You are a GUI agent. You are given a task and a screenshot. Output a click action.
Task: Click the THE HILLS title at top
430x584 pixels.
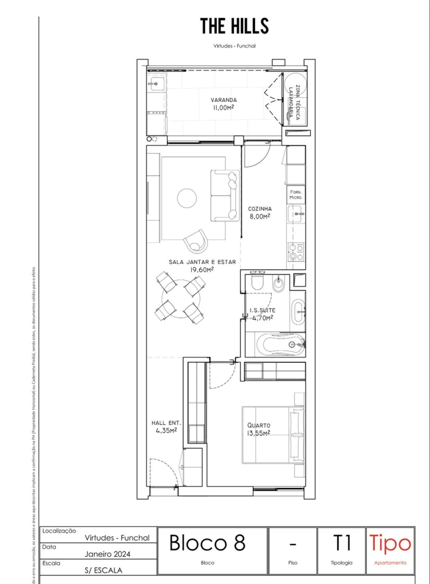click(234, 26)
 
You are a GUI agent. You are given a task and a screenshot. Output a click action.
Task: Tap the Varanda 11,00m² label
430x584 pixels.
click(223, 104)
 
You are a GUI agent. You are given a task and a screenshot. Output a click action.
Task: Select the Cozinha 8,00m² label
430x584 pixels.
click(260, 213)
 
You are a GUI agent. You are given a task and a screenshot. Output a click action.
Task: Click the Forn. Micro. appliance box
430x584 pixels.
click(296, 195)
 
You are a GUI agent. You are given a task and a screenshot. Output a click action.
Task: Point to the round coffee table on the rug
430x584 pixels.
click(187, 198)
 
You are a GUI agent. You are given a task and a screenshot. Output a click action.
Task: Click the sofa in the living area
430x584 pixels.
click(225, 196)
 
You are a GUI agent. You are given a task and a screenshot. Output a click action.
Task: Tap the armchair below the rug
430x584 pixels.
click(196, 241)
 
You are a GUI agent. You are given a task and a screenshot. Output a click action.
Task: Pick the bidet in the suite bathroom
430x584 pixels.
click(279, 284)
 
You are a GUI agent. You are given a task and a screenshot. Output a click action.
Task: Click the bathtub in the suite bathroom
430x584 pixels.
click(280, 345)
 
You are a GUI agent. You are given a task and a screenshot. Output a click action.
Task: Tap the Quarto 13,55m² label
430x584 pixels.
click(258, 429)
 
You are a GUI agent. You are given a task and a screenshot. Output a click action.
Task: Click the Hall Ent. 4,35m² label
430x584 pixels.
click(166, 427)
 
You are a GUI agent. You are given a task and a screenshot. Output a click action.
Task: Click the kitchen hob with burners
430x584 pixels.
click(296, 252)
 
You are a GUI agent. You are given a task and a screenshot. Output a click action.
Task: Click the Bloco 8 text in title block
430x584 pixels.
click(207, 543)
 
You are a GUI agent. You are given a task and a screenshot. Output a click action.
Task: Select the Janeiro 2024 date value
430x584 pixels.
click(107, 554)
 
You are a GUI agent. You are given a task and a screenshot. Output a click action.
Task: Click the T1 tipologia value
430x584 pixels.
click(342, 543)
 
